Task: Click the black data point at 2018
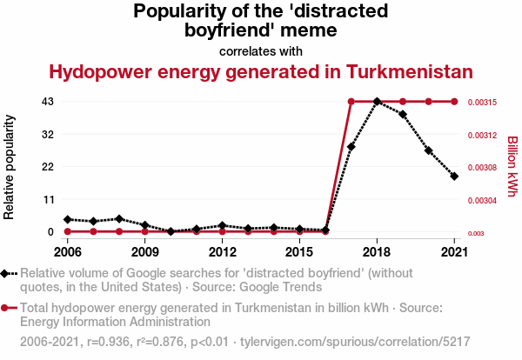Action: click(x=377, y=102)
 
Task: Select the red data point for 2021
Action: click(x=454, y=102)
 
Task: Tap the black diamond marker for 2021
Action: click(x=454, y=177)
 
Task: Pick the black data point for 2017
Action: click(x=351, y=147)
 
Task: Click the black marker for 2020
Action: click(x=428, y=150)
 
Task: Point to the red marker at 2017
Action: click(x=351, y=102)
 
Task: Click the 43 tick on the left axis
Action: click(x=49, y=102)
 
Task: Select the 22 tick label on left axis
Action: click(x=49, y=167)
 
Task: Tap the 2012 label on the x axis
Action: click(x=223, y=251)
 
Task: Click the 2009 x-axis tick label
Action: click(x=145, y=251)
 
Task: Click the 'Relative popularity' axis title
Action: click(x=10, y=166)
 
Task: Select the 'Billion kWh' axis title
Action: click(x=512, y=166)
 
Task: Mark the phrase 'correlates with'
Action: click(x=261, y=50)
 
